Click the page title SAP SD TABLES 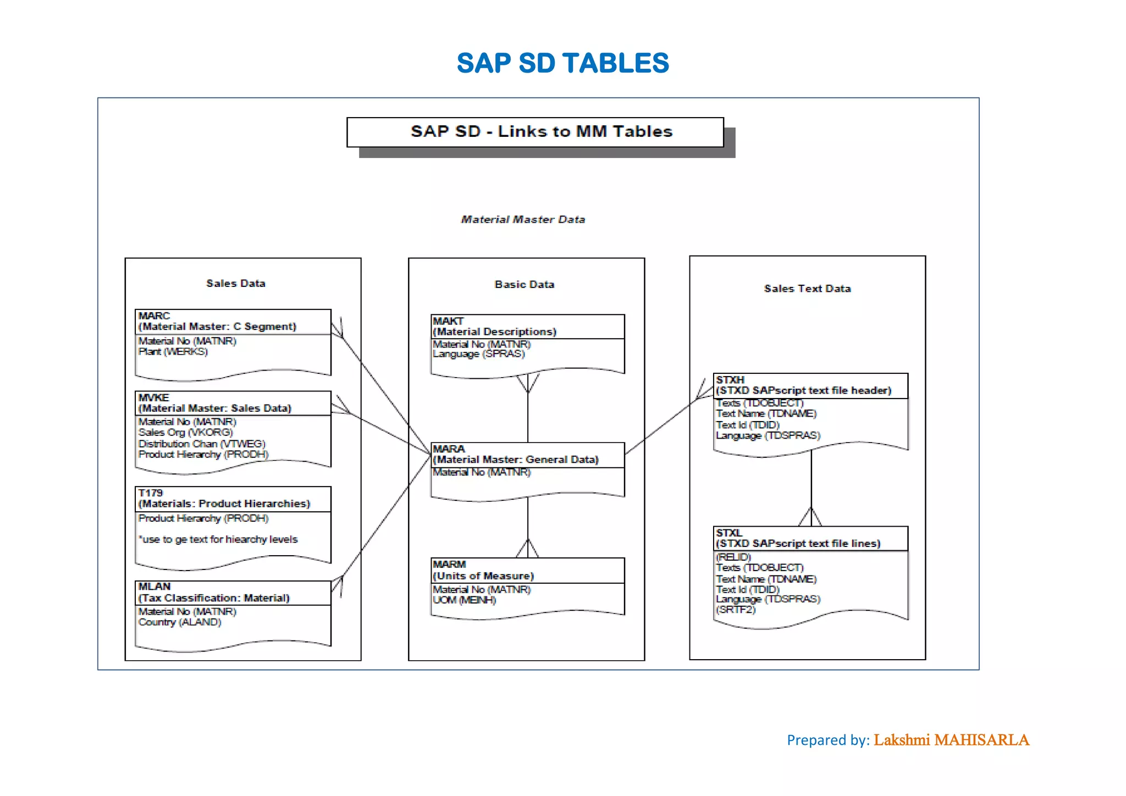[x=562, y=63]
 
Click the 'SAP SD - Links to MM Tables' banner [x=541, y=132]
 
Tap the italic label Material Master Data [x=523, y=219]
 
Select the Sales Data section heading [x=235, y=284]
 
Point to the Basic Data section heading [x=524, y=285]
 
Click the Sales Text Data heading [x=807, y=289]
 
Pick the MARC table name [x=154, y=316]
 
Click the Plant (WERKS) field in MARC [x=173, y=352]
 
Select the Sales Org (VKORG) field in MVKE [x=185, y=433]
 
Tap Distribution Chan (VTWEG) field [x=202, y=444]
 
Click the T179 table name [x=151, y=493]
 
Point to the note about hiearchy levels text [x=218, y=540]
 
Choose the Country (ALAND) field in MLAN [x=179, y=622]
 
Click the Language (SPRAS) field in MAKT [x=478, y=354]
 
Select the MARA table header [x=515, y=455]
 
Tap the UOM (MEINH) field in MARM [x=464, y=600]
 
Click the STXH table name [x=730, y=380]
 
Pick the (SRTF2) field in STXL [x=736, y=610]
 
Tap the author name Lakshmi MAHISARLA [x=951, y=740]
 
